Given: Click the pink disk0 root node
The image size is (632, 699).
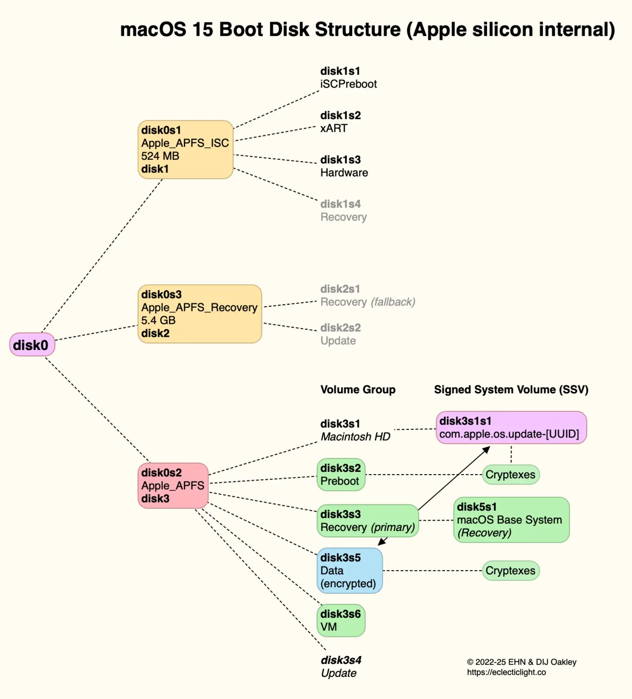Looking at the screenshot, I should click(x=32, y=345).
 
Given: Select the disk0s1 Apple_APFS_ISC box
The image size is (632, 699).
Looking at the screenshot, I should click(x=185, y=149).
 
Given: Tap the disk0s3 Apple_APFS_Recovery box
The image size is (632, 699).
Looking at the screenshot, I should click(x=200, y=314).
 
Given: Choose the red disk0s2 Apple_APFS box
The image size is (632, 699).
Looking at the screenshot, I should click(x=173, y=485).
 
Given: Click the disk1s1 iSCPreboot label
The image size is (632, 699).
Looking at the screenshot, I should click(x=348, y=78).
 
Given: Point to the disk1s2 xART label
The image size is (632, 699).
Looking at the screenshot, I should click(x=340, y=122).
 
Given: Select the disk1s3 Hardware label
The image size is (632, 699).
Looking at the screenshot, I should click(x=344, y=166).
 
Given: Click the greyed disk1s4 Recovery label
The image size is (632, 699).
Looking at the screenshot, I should click(x=343, y=210).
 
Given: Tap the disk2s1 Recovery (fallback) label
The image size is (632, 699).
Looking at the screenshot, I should click(x=367, y=296).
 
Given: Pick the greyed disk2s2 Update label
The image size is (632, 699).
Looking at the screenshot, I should click(x=340, y=335).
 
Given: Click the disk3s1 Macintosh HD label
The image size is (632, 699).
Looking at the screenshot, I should click(x=355, y=430).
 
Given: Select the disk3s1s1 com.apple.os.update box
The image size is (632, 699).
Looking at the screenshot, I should click(x=511, y=428).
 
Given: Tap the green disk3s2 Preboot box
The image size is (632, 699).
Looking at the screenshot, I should click(x=341, y=475).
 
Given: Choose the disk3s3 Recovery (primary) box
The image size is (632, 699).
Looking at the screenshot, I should click(x=367, y=521).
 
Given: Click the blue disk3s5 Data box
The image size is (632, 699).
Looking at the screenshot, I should click(x=349, y=571).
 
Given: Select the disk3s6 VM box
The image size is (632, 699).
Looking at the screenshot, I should click(x=341, y=620).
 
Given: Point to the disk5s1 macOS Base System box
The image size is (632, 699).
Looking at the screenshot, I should click(x=511, y=520).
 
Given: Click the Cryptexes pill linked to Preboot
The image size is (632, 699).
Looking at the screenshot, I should click(x=511, y=475).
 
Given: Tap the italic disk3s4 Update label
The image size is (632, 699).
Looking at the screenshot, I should click(x=341, y=666).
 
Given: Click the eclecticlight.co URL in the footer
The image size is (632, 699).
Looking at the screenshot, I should click(x=506, y=672).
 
